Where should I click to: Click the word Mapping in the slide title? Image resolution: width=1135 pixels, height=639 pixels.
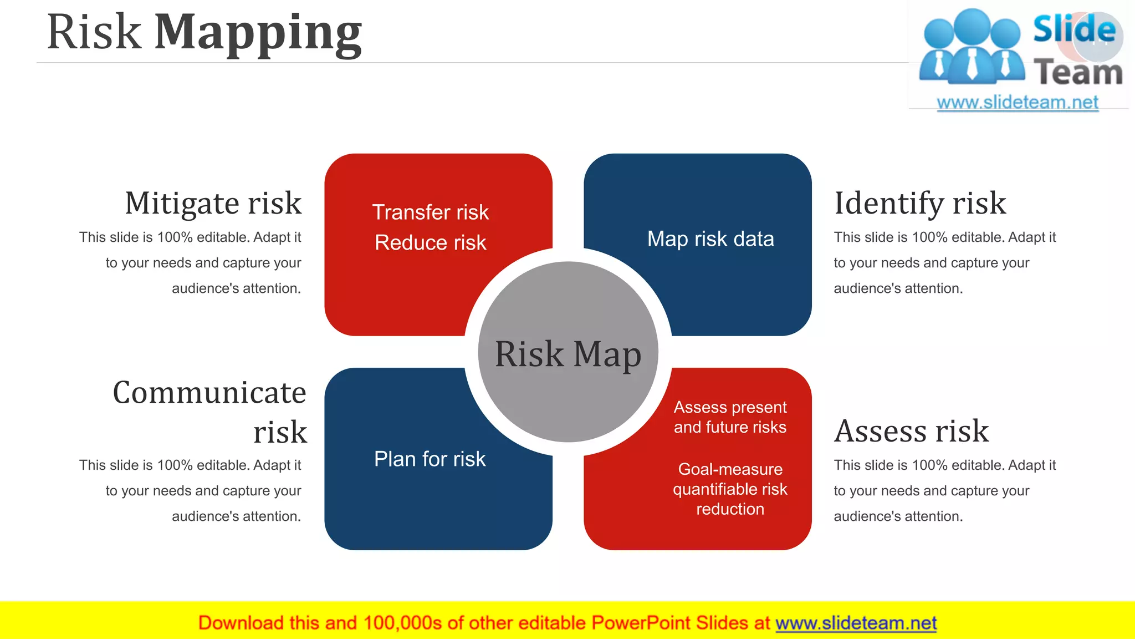click(258, 33)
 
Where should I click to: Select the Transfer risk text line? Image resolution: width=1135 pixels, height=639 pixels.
click(431, 212)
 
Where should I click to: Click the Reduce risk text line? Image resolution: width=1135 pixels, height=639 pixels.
click(431, 243)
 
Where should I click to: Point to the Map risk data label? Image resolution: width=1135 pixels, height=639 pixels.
click(710, 239)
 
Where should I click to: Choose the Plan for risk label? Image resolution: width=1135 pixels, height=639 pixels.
click(430, 459)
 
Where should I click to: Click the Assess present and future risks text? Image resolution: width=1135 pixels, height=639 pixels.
click(730, 417)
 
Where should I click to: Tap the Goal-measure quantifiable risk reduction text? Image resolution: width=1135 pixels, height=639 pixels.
click(730, 489)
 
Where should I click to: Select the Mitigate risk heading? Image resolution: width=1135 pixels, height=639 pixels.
click(213, 203)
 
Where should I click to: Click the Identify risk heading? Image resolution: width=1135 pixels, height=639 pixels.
click(920, 203)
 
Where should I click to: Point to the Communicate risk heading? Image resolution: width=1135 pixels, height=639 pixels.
click(209, 412)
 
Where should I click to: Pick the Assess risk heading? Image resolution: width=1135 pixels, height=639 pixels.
click(912, 431)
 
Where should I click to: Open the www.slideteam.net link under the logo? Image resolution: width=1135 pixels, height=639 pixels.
click(1018, 103)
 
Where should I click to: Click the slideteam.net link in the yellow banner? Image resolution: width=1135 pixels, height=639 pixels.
click(856, 623)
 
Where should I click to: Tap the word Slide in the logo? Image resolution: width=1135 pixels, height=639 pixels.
click(1074, 29)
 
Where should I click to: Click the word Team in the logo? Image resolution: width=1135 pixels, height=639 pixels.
click(1078, 73)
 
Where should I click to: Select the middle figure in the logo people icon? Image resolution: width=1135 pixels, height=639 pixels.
click(973, 47)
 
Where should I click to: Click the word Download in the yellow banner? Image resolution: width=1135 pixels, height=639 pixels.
click(241, 623)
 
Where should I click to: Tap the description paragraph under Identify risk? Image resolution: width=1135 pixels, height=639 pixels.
click(944, 263)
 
